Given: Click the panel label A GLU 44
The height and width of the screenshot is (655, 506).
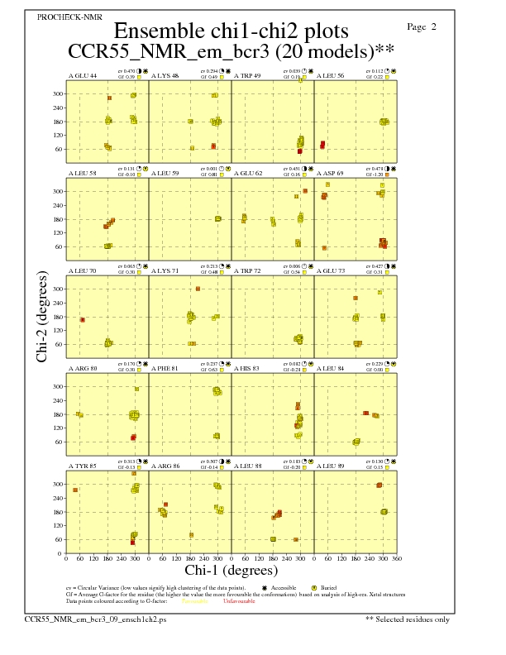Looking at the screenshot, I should click(x=82, y=76).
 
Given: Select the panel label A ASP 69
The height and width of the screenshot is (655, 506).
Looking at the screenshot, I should click(x=330, y=174).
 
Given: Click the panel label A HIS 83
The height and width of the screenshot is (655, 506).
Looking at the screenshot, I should click(x=246, y=369).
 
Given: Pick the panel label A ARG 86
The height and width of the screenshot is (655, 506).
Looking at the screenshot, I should click(x=165, y=466).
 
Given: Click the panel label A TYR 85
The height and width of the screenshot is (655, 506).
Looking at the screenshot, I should click(x=82, y=466).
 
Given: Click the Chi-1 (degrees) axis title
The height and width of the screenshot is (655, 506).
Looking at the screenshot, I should click(x=231, y=570).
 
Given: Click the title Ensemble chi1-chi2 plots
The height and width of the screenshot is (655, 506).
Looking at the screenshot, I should click(x=230, y=31).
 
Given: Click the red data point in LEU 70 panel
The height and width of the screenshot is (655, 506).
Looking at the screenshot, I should click(x=83, y=319).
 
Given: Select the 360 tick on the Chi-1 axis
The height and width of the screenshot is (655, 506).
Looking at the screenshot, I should click(x=397, y=559).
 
